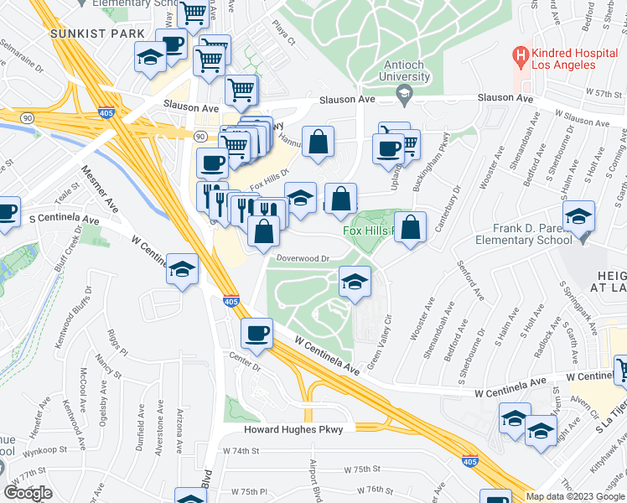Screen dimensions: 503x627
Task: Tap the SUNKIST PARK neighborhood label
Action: pyautogui.click(x=86, y=34)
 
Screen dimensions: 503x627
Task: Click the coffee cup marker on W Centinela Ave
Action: pyautogui.click(x=256, y=333)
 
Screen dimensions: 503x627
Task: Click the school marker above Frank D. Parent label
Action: pyautogui.click(x=579, y=215)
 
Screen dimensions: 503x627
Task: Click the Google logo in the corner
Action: pyautogui.click(x=28, y=493)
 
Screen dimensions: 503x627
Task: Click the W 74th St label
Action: pyautogui.click(x=238, y=450)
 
